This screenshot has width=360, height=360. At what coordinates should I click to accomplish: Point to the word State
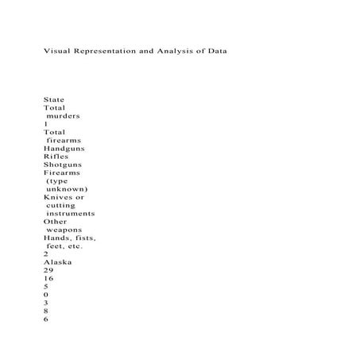(54, 99)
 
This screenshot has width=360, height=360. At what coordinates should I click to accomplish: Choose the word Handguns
(65, 149)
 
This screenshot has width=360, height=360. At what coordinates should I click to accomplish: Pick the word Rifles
(56, 157)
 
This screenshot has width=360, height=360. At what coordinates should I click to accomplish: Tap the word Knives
(58, 197)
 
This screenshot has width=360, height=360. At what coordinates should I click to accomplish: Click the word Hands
(57, 238)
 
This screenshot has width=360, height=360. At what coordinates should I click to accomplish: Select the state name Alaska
(57, 261)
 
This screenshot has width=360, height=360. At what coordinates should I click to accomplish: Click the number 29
(48, 270)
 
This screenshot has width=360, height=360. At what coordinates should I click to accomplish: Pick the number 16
(48, 278)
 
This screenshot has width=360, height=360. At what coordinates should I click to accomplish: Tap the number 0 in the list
(46, 295)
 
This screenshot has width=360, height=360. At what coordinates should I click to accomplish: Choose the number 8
(46, 311)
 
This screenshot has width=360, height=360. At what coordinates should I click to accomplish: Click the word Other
(56, 222)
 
